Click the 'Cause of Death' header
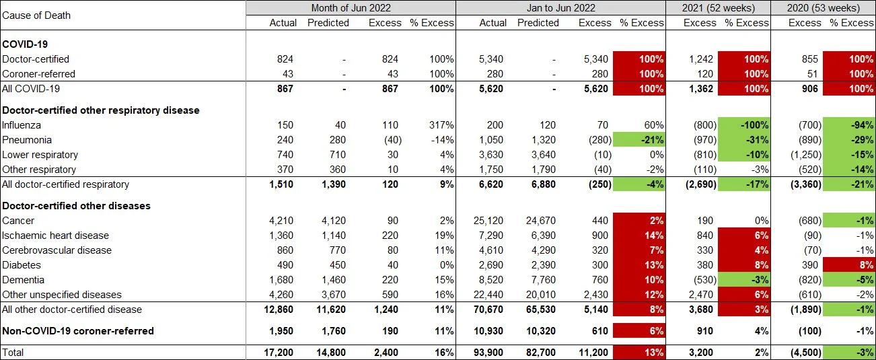click(36, 15)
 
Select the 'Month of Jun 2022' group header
click(351, 8)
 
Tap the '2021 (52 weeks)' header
click(718, 8)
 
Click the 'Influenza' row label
click(22, 125)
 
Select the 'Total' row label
click(13, 352)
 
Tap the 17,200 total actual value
click(281, 352)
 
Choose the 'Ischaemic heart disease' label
click(55, 236)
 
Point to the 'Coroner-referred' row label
click(38, 74)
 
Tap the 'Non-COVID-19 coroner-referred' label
click(78, 330)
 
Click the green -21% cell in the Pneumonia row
click(639, 140)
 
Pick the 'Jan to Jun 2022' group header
click(560, 8)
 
